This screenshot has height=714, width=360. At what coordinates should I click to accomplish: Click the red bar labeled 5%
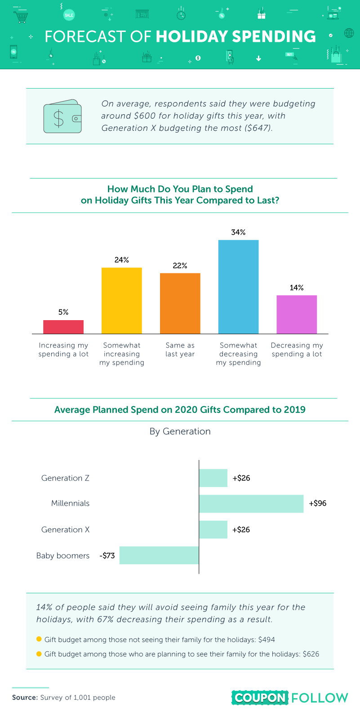(63, 327)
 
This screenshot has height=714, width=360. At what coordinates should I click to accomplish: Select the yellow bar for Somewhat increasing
(122, 301)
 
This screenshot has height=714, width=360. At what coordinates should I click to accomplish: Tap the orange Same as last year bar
(180, 303)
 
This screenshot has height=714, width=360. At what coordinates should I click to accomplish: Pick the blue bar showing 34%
(238, 287)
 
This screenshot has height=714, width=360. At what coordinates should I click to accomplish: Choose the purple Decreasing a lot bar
(297, 314)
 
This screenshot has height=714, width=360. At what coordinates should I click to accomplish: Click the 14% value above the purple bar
(297, 288)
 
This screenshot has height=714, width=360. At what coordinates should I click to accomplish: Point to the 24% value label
(122, 260)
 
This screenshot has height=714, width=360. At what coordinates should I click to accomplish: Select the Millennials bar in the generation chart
(251, 504)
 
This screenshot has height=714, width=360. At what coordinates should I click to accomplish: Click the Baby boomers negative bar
(159, 555)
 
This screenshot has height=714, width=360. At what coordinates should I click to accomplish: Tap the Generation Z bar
(213, 478)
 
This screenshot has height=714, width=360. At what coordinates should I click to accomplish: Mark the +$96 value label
(318, 504)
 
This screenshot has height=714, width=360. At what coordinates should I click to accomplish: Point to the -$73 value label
(107, 556)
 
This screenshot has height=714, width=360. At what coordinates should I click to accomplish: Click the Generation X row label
(66, 530)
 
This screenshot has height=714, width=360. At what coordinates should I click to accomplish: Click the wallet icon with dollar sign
(62, 116)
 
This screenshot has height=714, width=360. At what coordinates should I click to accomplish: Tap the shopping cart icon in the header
(21, 17)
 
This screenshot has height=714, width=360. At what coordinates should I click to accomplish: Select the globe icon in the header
(349, 33)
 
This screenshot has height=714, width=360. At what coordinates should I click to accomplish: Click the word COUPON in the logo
(260, 698)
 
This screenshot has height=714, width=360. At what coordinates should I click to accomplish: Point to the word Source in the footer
(25, 697)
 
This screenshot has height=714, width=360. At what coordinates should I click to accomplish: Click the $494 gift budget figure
(267, 639)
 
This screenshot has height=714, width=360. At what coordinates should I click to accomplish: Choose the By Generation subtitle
(180, 431)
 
